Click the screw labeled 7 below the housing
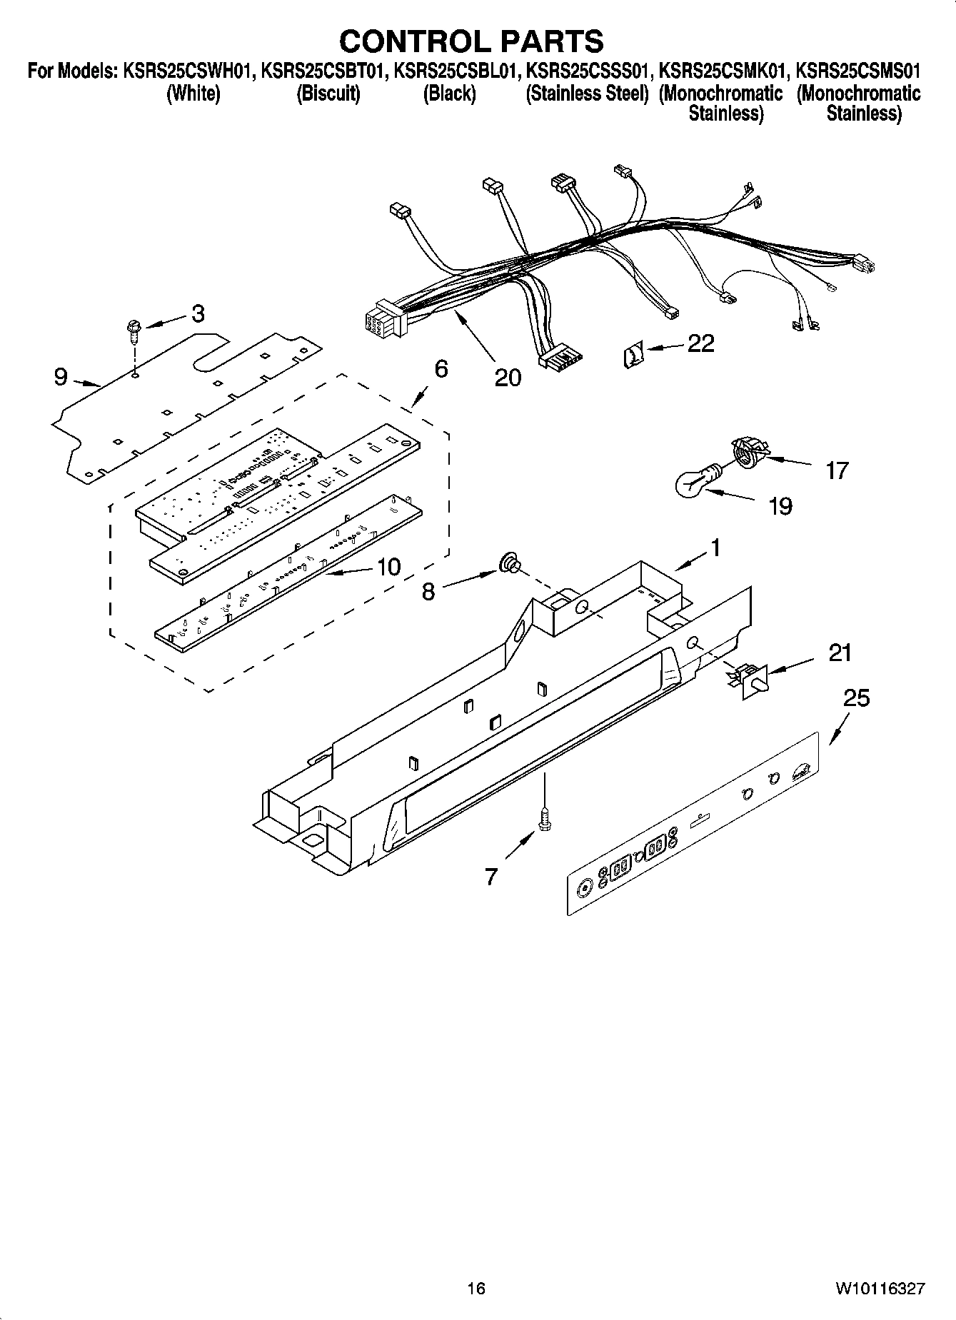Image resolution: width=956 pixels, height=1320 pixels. (x=545, y=815)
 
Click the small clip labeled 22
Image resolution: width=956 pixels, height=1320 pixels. (x=633, y=355)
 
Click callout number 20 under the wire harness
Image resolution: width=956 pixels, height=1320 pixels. (x=508, y=377)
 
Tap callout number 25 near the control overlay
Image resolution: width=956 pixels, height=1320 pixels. (x=856, y=697)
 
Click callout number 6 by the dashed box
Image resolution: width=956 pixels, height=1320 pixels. (x=441, y=369)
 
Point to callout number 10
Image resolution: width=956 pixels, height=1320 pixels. (x=388, y=567)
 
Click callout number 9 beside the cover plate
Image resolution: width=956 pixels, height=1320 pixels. (x=61, y=376)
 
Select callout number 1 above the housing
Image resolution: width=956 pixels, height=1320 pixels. (x=715, y=548)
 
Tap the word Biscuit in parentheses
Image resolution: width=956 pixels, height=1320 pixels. (x=328, y=94)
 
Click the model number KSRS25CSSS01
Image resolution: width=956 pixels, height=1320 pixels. (x=587, y=71)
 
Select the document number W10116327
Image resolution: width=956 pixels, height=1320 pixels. (x=880, y=1289)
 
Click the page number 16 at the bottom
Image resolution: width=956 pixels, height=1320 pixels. (x=476, y=1289)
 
